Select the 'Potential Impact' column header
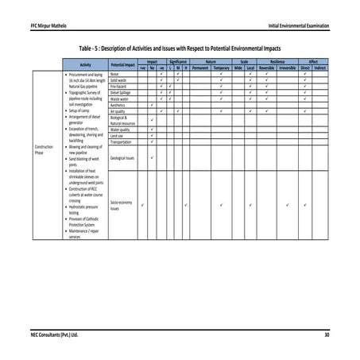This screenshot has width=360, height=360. (122, 64)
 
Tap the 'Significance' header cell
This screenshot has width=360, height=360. (177, 61)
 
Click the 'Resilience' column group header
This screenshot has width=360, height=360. (278, 61)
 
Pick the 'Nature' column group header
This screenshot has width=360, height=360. (211, 61)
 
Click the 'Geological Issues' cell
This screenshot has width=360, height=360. (122, 158)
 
